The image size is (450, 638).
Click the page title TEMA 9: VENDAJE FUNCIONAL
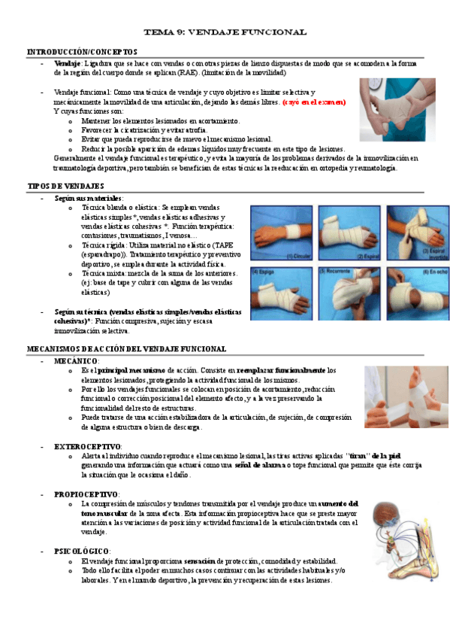coord(225,32)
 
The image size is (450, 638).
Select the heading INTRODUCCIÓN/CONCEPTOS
coord(71,51)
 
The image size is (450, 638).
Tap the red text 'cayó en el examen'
coord(314,102)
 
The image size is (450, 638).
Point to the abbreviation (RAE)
coord(191,73)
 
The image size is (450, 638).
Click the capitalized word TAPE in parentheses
coord(225,245)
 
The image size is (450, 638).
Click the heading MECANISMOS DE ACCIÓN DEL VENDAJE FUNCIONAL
coord(126,349)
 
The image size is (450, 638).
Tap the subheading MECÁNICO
coord(76,361)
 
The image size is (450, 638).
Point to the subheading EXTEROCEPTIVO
coord(88,446)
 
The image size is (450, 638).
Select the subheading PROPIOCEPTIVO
coord(87,494)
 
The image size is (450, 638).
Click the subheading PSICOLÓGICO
coord(82,551)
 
